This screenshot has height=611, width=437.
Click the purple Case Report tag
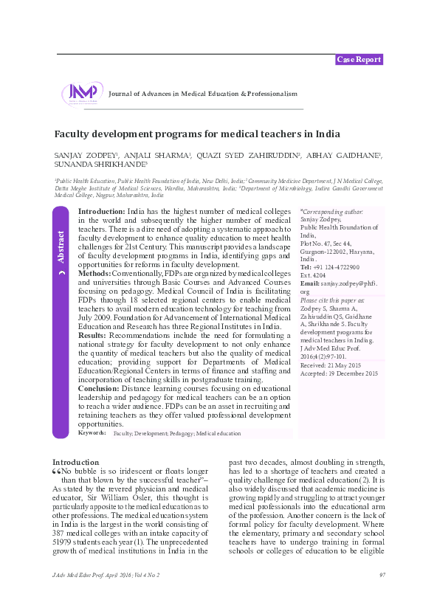[359, 59]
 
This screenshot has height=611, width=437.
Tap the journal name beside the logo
[202, 94]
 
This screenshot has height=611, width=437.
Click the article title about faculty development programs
[187, 134]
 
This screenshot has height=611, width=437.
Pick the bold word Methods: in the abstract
[94, 273]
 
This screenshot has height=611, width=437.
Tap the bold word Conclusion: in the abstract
[100, 388]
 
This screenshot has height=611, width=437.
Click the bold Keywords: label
[92, 432]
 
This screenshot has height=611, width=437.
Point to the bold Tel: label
[306, 267]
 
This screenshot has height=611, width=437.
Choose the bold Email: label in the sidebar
[310, 283]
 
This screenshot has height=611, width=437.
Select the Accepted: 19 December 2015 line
[340, 373]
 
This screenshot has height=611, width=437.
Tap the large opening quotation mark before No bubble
[57, 471]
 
